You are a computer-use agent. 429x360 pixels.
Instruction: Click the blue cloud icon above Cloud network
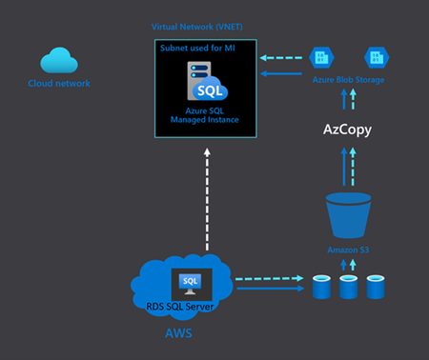click(x=60, y=60)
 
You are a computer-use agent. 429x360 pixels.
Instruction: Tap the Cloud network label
click(x=59, y=84)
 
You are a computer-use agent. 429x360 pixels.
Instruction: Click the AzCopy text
click(x=348, y=127)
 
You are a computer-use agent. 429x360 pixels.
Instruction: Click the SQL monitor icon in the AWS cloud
click(x=191, y=284)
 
